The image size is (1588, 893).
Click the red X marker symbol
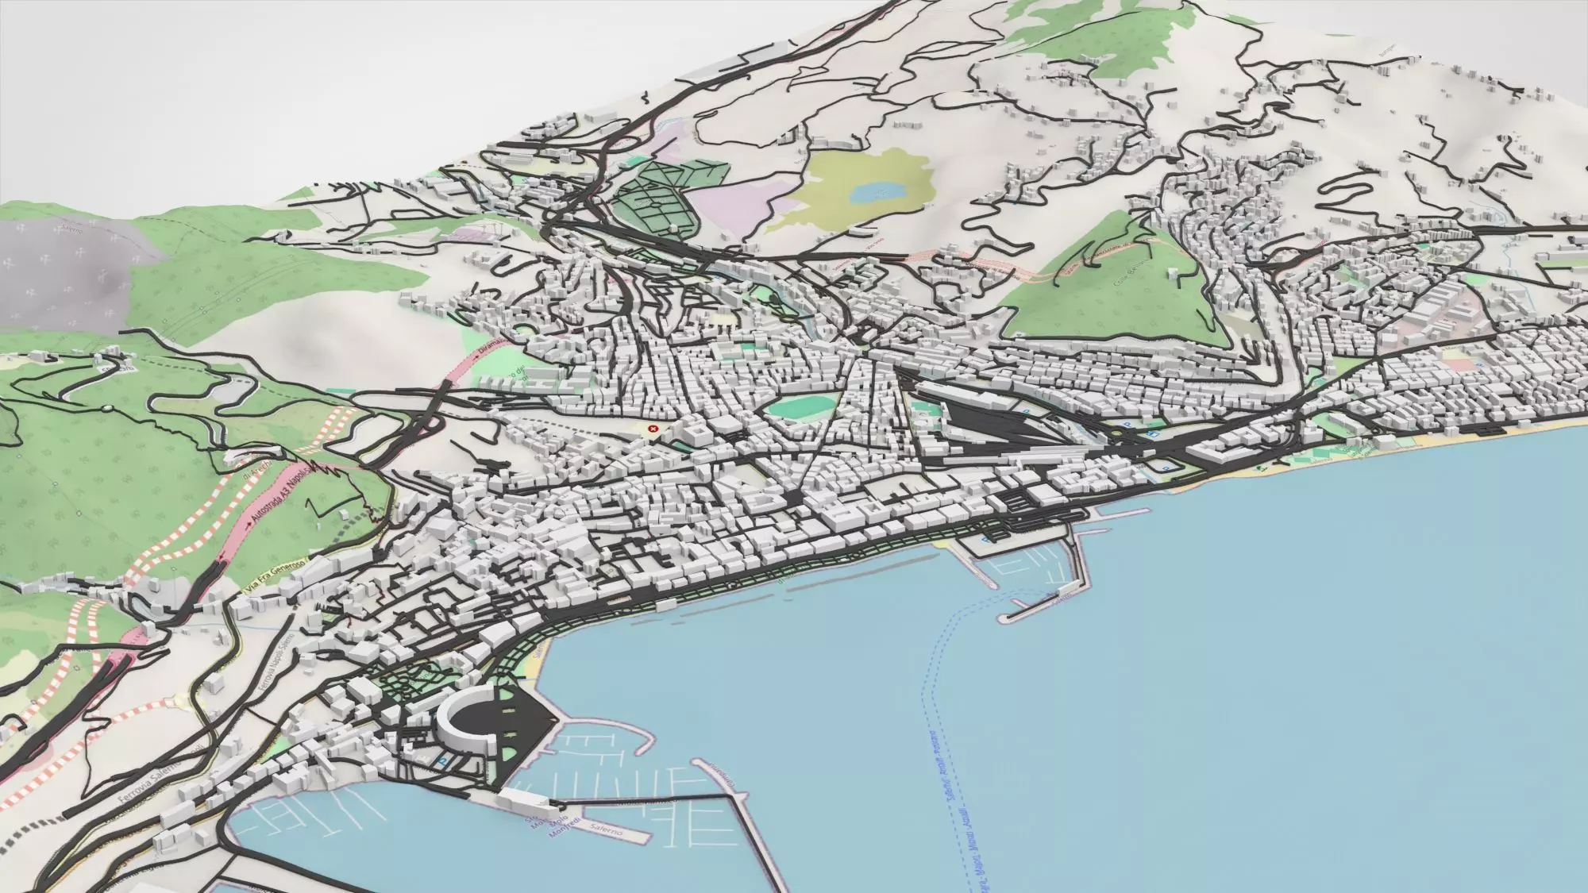pos(653,429)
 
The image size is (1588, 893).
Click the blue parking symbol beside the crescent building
pos(442,760)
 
